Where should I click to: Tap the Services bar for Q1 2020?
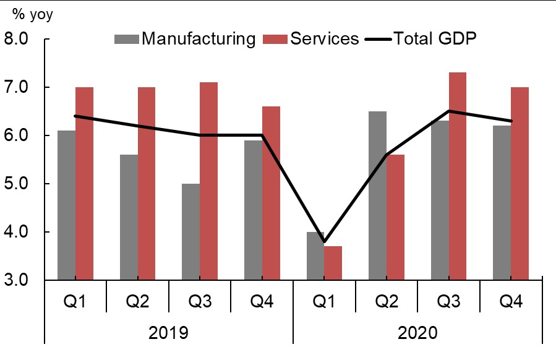333,263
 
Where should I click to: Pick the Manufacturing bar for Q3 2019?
191,232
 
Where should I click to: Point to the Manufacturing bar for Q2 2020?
377,195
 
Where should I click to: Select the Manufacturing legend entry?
185,38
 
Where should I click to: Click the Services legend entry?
315,38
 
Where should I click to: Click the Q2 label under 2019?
137,302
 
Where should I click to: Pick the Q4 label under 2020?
510,302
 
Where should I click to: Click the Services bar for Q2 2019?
147,184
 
